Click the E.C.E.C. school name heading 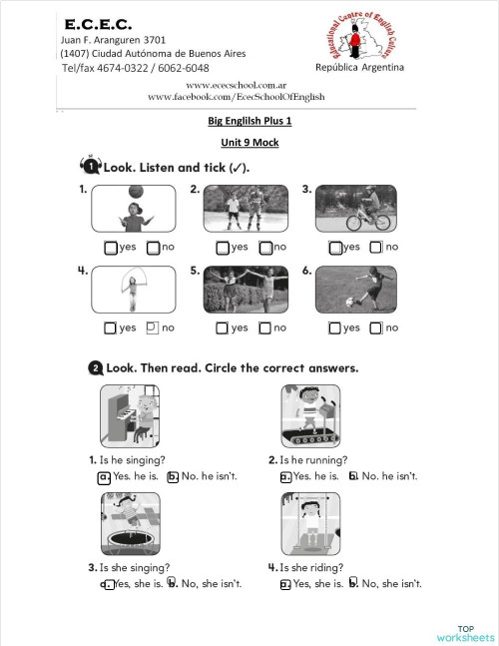98,21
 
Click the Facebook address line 236,97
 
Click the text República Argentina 359,67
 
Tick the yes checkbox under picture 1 111,248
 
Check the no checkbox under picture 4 153,326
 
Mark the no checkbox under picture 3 376,248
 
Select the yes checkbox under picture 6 335,327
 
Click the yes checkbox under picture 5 223,327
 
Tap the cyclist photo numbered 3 359,209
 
